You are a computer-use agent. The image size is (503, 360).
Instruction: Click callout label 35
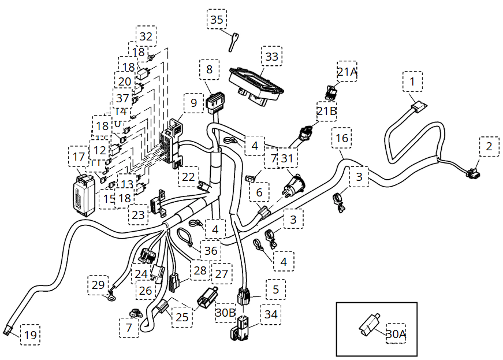[x=217, y=19]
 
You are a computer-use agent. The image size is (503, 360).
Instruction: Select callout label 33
[x=271, y=57]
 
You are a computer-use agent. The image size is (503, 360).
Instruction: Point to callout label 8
[x=209, y=69]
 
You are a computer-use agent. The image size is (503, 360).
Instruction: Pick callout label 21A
[x=348, y=72]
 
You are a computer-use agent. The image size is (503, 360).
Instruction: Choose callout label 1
[x=412, y=81]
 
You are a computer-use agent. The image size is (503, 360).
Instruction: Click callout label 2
[x=489, y=147]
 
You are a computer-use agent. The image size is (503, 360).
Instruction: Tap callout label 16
[x=342, y=138]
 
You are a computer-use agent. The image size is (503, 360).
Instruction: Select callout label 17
[x=79, y=156]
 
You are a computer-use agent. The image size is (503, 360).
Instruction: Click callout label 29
[x=98, y=285]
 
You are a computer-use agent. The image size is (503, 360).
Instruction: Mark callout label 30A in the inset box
[x=396, y=333]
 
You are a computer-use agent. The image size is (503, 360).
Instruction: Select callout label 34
[x=270, y=314]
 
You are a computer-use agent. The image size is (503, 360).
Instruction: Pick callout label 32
[x=146, y=36]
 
